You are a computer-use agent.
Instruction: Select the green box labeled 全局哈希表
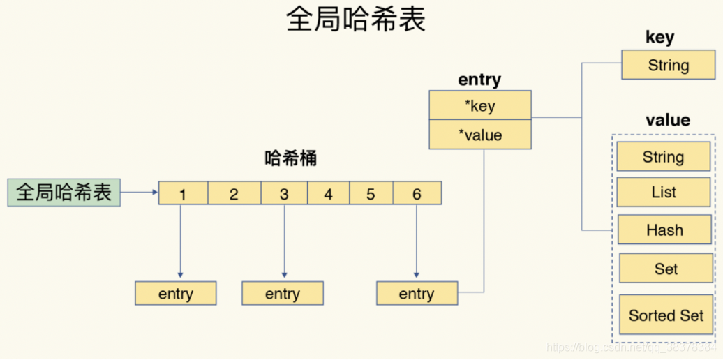point(64,193)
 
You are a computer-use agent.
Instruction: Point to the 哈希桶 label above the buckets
point(291,158)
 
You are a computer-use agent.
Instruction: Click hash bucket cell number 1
point(183,193)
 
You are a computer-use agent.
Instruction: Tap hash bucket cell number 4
point(328,193)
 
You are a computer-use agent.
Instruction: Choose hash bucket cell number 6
point(417,193)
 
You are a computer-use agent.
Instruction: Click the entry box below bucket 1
point(176,294)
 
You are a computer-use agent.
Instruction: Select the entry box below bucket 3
point(283,294)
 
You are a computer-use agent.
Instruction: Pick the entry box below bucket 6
point(417,294)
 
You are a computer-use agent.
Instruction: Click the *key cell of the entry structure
point(480,105)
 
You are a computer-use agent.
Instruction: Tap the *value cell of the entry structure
point(480,135)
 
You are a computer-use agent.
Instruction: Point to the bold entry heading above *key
point(479,80)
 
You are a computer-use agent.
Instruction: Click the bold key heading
point(659,38)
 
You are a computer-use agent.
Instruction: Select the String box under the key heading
point(668,66)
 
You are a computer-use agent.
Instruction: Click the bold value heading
point(667,120)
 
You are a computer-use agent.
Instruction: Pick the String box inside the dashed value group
point(663,157)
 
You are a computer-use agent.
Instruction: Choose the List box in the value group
point(663,193)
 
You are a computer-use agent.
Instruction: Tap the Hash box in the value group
point(664,230)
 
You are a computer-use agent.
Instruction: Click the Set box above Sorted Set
point(666,269)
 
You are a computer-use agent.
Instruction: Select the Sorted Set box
point(666,315)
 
